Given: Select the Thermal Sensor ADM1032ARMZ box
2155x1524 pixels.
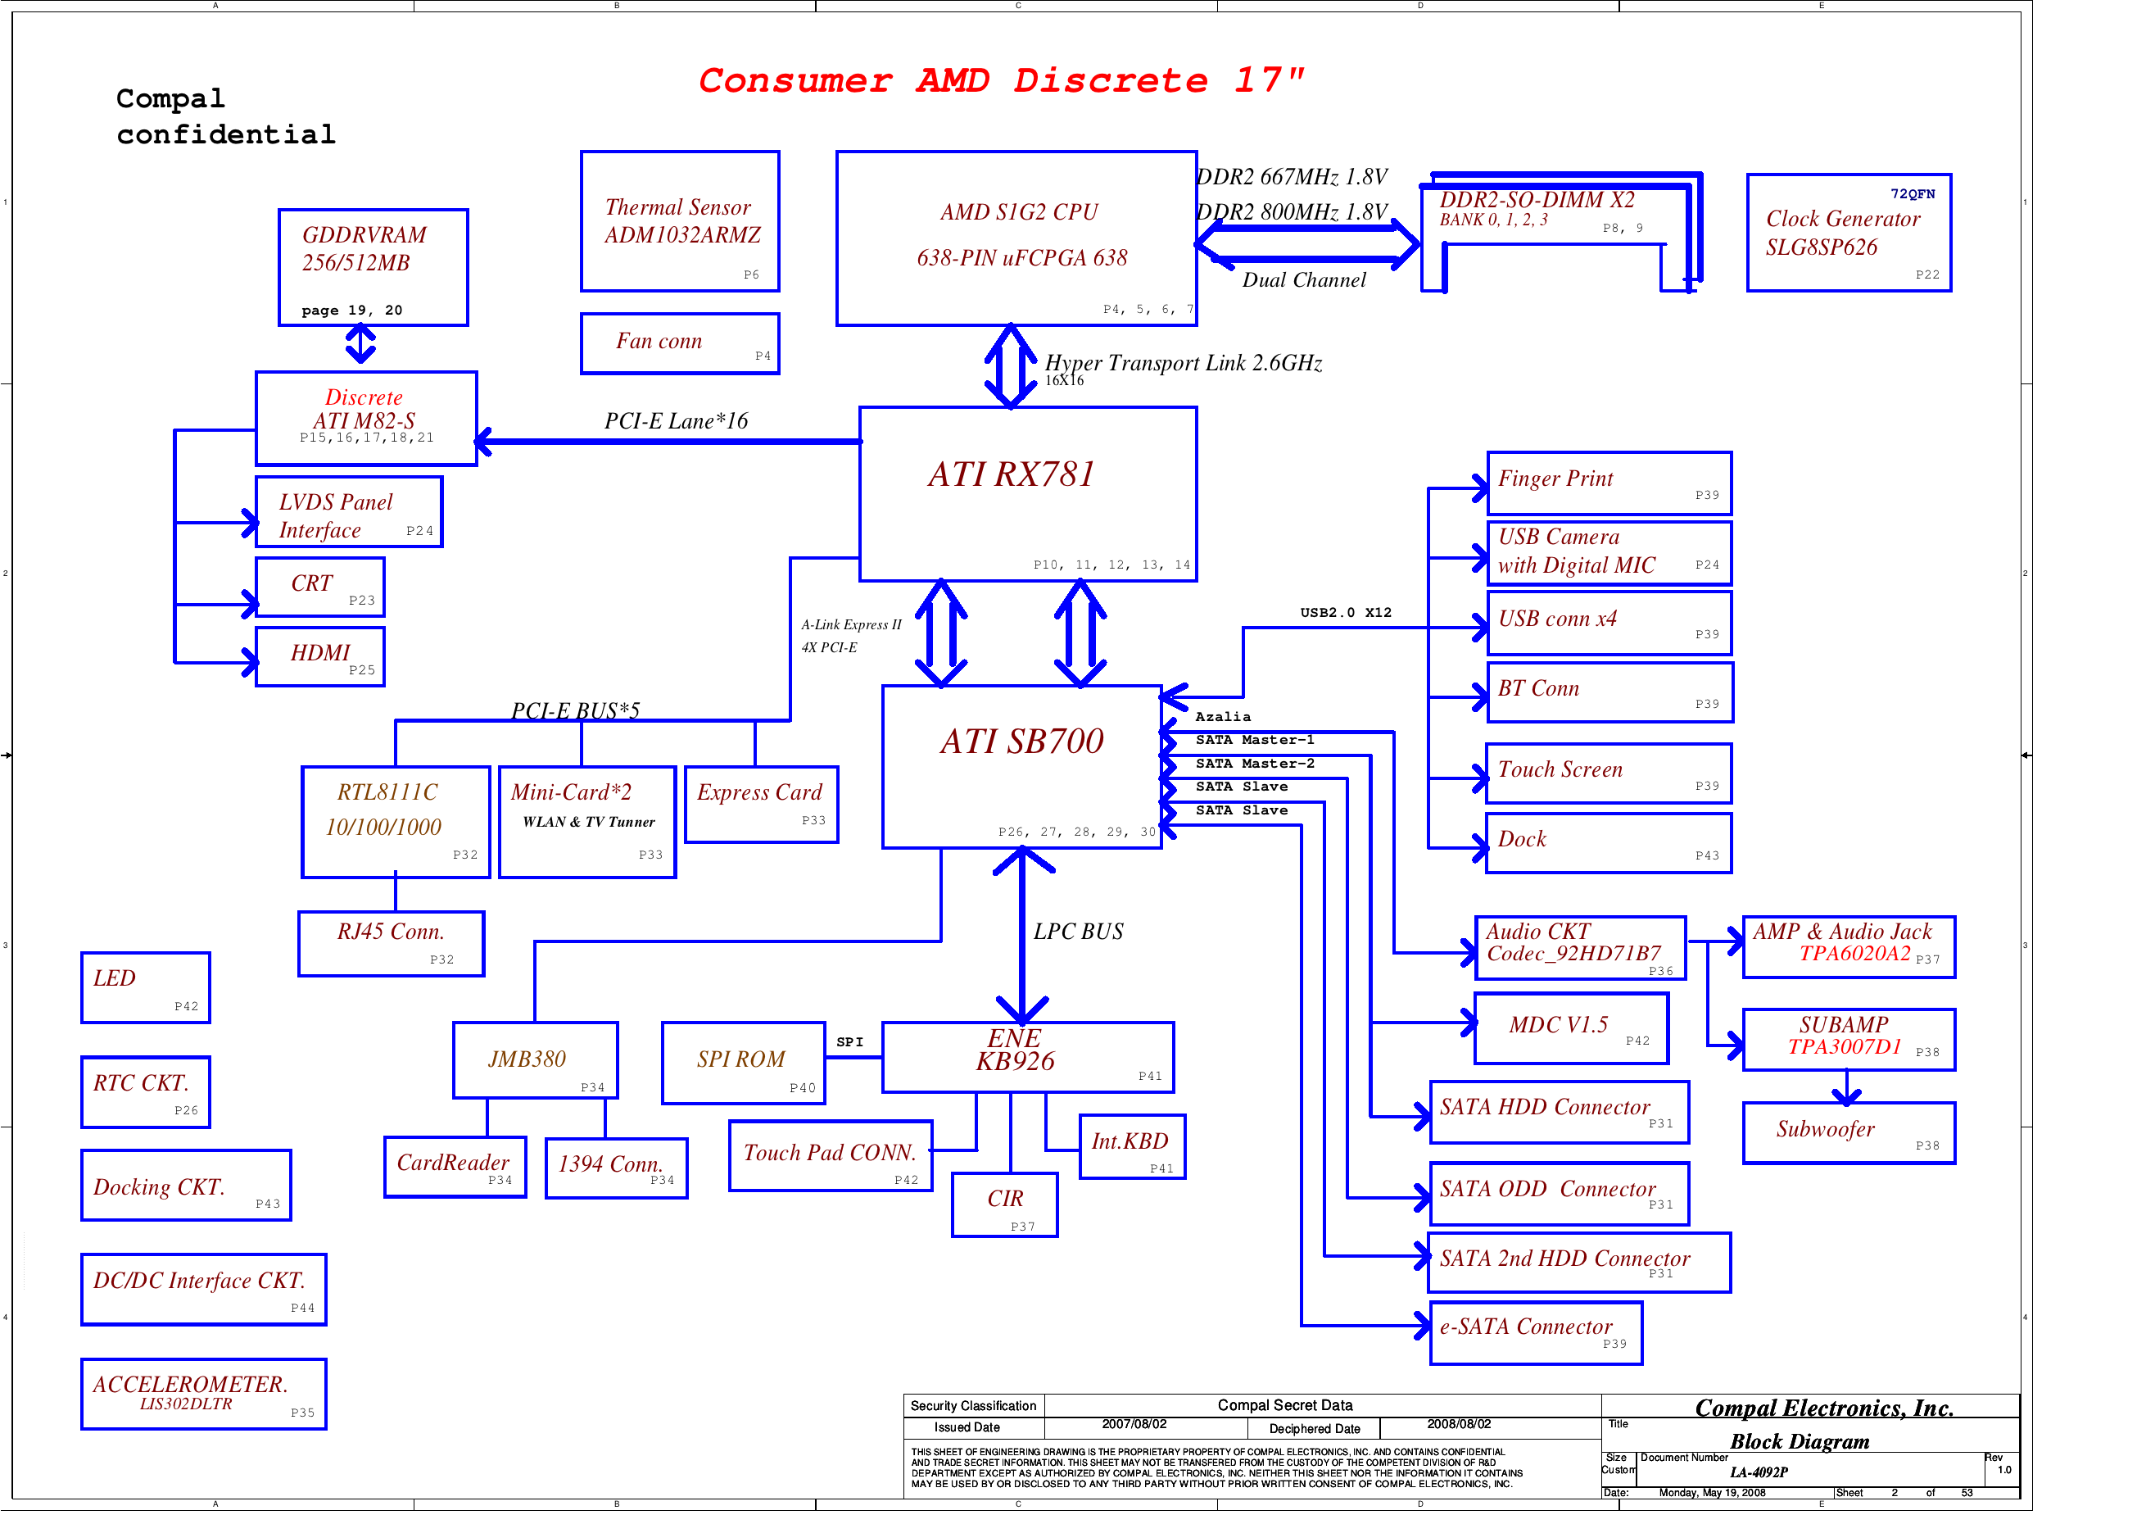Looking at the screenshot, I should [680, 221].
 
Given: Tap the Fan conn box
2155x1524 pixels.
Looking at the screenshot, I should [680, 342].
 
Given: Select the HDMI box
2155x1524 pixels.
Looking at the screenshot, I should [320, 656].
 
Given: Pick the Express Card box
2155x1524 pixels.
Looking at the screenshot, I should [760, 804].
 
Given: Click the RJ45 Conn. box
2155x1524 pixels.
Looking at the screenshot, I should [392, 943].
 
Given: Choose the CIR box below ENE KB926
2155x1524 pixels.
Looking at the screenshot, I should [1004, 1204].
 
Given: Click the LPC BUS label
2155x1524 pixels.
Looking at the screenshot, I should [1078, 932].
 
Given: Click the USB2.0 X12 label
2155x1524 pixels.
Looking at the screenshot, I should [1345, 612].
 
